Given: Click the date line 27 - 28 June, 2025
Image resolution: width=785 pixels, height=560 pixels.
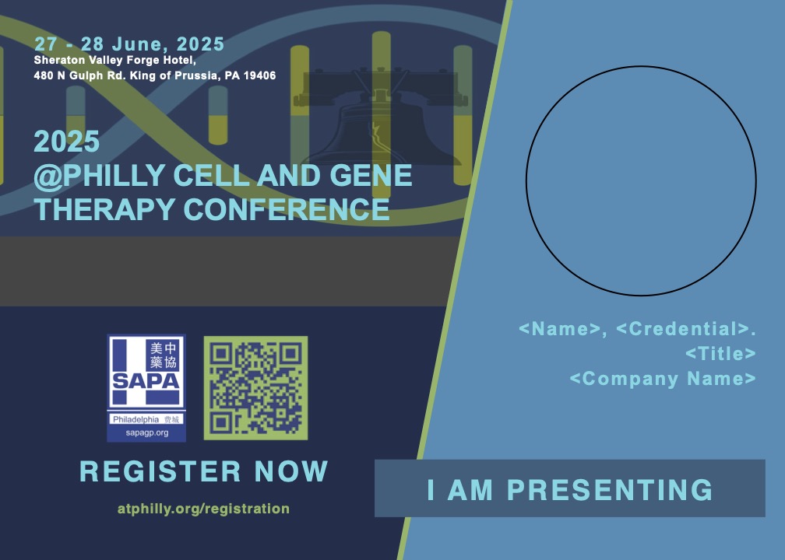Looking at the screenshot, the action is (129, 44).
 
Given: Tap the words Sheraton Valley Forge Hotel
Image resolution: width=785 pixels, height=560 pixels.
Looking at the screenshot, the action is (114, 61).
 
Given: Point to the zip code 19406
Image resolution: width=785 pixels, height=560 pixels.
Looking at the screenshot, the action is (259, 75).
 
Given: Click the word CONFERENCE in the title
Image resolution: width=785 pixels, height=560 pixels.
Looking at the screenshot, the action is (287, 209).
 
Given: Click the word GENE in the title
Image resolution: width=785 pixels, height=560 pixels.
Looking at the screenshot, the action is (371, 176).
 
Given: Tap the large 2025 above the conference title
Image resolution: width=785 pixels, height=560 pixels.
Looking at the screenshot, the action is (67, 142).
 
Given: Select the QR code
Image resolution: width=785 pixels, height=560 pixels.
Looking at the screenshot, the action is (255, 388).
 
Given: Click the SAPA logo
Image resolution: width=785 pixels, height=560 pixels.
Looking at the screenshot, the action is (146, 388).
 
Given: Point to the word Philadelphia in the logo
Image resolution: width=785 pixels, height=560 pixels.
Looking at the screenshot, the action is (136, 419).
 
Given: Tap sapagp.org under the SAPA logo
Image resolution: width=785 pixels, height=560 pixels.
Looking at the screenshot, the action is (146, 433).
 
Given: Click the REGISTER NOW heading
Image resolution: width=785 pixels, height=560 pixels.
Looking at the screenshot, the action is (204, 471).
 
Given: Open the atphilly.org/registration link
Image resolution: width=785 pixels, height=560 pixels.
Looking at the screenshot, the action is (204, 509).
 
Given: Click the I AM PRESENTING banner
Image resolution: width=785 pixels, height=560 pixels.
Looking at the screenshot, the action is (570, 488).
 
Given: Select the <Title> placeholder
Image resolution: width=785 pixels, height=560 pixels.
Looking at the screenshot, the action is (720, 354).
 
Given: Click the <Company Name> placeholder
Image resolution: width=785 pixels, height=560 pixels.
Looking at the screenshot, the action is (663, 379).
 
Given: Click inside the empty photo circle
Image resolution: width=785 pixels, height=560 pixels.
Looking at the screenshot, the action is (641, 181).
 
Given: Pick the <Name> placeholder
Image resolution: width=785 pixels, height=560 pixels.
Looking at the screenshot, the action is (560, 329).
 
